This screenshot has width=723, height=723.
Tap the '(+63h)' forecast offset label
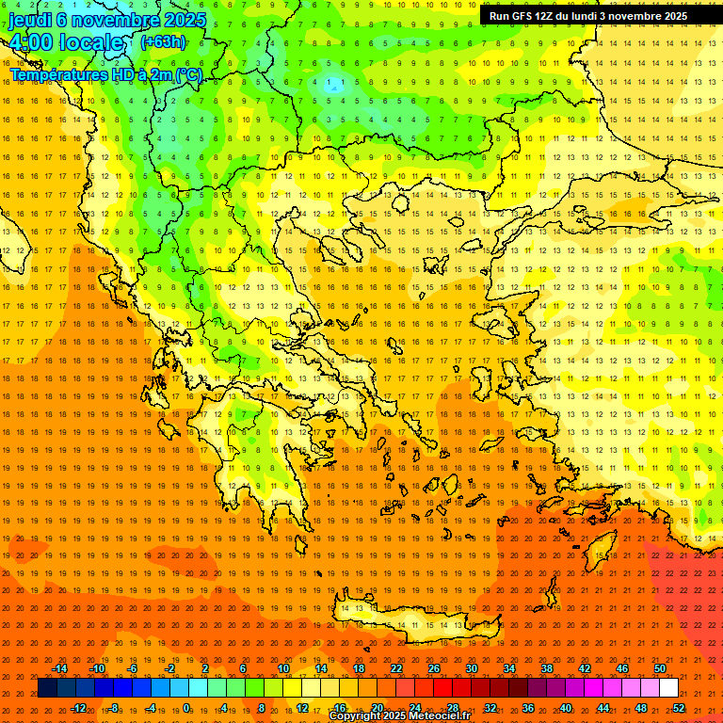pos(163,42)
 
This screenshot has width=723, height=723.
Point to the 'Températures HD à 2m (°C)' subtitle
pos(105,74)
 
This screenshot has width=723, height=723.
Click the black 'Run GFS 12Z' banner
pos(587,16)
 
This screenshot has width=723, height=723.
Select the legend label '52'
pos(678,708)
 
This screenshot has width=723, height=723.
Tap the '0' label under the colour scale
pos(185,708)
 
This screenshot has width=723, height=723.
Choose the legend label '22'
pos(396,668)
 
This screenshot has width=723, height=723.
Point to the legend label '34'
pos(509,668)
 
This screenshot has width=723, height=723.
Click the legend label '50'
pos(659,668)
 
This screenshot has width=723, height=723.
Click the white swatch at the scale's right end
pos(668,688)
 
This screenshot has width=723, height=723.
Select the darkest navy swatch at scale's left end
pos(47,688)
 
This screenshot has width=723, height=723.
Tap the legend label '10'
pos(282,668)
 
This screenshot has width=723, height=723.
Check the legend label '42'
pos(585,668)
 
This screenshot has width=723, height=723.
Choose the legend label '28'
pos(453,708)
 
